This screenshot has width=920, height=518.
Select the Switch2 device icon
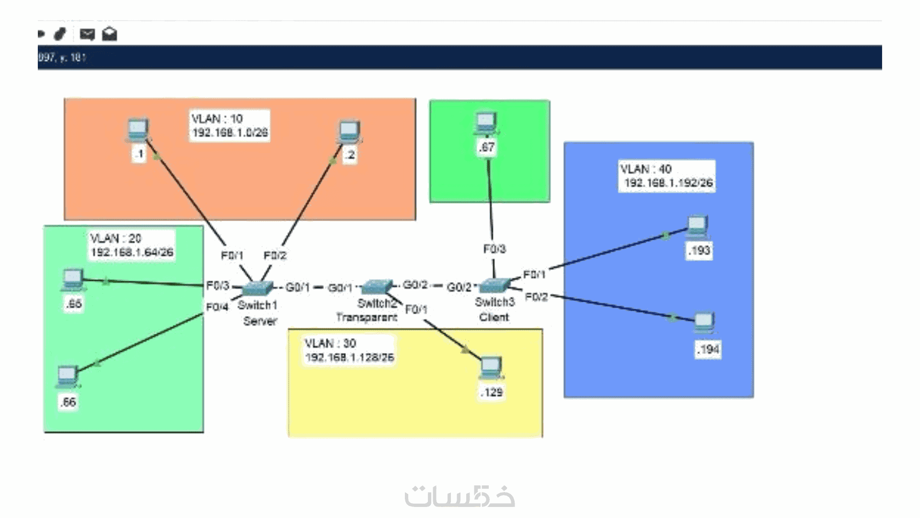click(x=377, y=287)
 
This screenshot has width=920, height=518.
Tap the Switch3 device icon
click(x=494, y=286)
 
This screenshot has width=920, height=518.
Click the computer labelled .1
click(x=138, y=130)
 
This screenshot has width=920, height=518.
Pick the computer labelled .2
click(x=349, y=131)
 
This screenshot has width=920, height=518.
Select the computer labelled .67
click(x=486, y=123)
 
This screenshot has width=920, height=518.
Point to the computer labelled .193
click(x=697, y=226)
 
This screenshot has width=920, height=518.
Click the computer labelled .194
click(x=704, y=323)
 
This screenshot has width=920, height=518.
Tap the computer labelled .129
click(x=491, y=368)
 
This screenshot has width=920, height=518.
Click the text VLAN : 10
click(x=217, y=119)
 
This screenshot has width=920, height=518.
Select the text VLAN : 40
click(x=646, y=169)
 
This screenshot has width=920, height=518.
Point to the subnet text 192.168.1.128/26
click(x=349, y=357)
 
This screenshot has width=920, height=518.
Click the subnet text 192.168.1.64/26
click(x=132, y=252)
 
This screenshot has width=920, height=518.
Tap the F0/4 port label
click(x=217, y=307)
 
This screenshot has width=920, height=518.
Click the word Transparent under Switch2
click(x=367, y=318)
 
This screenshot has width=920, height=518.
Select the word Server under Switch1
click(x=260, y=321)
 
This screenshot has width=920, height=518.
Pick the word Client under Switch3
click(x=494, y=318)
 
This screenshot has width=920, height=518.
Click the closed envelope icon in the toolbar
click(x=87, y=34)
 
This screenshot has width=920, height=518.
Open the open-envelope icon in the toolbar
click(x=110, y=34)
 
